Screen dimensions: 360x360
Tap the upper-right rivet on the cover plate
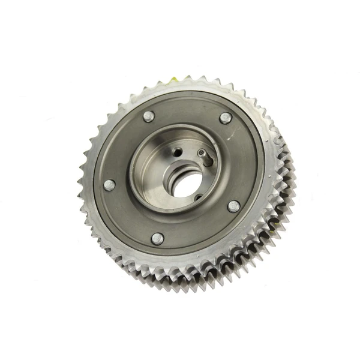(226, 118)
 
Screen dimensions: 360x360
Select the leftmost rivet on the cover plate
(110, 185)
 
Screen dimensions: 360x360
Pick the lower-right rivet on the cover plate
(233, 206)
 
